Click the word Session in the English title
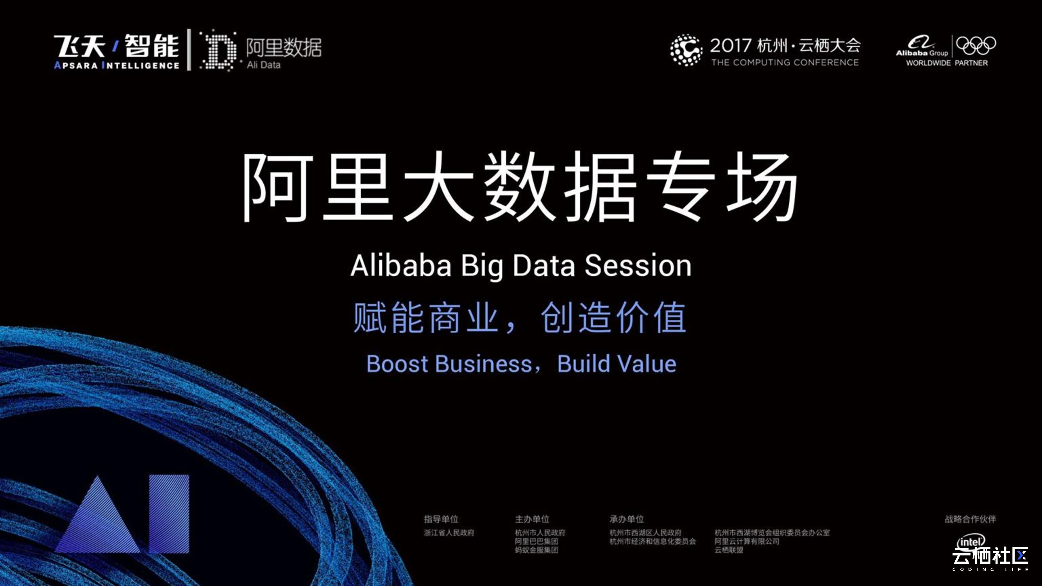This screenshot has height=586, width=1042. pyautogui.click(x=638, y=266)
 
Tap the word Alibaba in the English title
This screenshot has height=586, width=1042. pyautogui.click(x=400, y=266)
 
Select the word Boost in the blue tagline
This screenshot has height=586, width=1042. pyautogui.click(x=397, y=364)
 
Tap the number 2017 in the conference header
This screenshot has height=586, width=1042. pyautogui.click(x=731, y=46)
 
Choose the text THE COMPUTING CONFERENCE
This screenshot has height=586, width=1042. pyautogui.click(x=785, y=62)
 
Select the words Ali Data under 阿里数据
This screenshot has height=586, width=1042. pyautogui.click(x=264, y=65)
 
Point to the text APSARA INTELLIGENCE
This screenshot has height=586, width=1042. pyautogui.click(x=116, y=65)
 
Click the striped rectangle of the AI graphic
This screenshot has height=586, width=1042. pyautogui.click(x=169, y=514)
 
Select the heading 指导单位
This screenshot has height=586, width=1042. pyautogui.click(x=441, y=519)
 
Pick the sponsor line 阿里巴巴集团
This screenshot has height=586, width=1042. pyautogui.click(x=536, y=541)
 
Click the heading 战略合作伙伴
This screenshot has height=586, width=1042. pyautogui.click(x=970, y=519)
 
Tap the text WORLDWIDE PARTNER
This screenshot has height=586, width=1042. pyautogui.click(x=947, y=63)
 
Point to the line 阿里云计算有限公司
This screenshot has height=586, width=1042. pyautogui.click(x=747, y=541)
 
